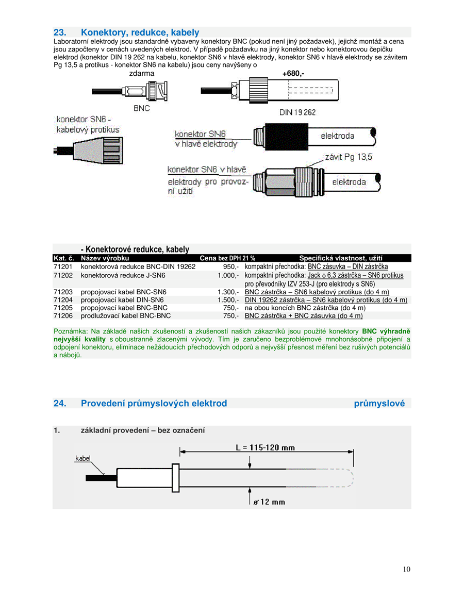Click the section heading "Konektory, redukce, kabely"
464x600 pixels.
140,32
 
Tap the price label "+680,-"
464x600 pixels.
293,74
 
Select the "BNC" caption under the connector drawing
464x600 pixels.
141,109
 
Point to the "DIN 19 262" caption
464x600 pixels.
297,112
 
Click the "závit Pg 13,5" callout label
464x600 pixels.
348,157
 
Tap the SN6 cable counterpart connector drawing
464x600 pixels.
89,151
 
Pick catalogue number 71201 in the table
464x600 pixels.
63,267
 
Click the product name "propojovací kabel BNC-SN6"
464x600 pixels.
124,292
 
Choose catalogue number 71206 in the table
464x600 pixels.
63,315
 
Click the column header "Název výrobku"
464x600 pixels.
105,258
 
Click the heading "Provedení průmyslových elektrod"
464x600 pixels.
154,403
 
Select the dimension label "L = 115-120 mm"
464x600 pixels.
265,447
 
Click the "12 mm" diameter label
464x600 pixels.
269,502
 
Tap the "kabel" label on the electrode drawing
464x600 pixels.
83,458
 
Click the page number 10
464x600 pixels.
407,569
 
